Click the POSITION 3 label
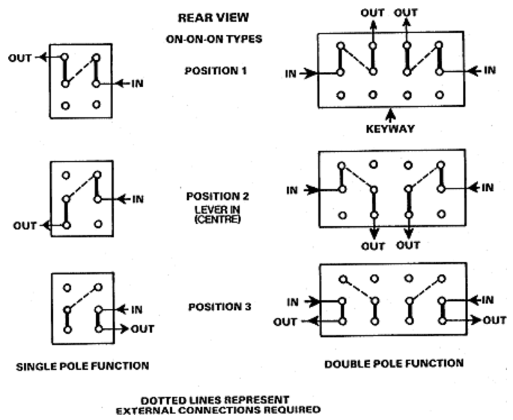point(216,306)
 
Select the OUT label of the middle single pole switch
point(25,225)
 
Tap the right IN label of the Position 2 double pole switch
point(487,186)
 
